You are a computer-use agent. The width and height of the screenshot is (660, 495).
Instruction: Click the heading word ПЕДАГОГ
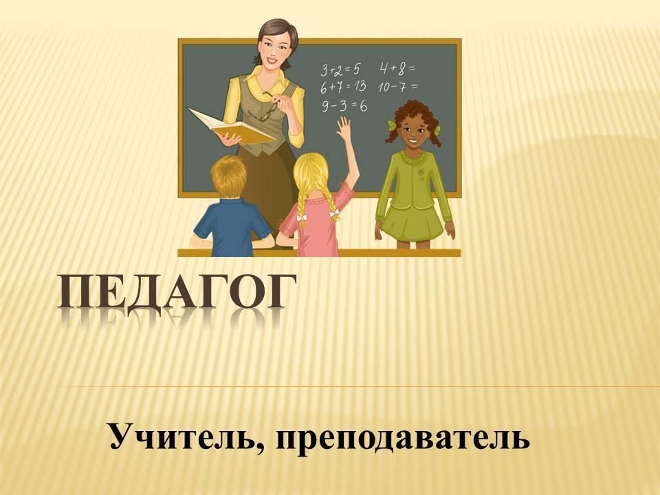(x=177, y=293)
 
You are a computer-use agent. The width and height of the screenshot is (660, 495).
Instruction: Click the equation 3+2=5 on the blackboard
(x=340, y=69)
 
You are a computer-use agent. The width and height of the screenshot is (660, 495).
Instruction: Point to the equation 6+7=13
(x=343, y=87)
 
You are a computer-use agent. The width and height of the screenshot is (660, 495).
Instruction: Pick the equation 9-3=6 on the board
(x=344, y=105)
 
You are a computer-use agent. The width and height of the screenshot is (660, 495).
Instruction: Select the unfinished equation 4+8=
(x=397, y=68)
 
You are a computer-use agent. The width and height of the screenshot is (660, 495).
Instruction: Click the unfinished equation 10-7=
(x=398, y=87)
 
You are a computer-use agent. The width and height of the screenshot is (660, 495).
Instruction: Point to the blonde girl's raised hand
(x=344, y=128)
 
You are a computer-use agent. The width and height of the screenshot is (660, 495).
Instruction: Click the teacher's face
(x=272, y=47)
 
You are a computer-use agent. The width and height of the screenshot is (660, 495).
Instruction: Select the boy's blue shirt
(x=232, y=228)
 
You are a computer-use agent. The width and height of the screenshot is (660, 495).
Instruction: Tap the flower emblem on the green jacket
(x=419, y=173)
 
